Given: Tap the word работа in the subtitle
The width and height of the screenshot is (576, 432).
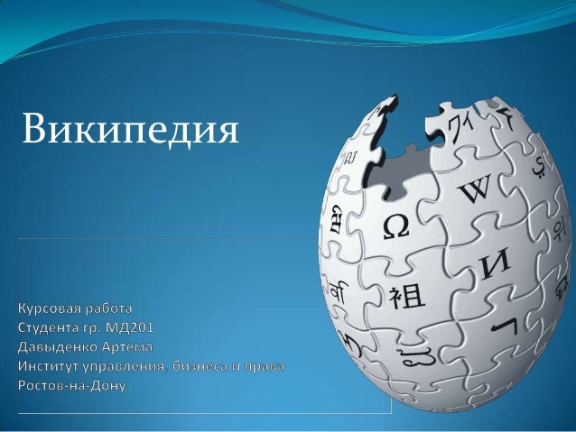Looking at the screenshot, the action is (x=108, y=309).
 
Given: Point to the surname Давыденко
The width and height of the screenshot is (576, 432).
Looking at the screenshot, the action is (x=57, y=347).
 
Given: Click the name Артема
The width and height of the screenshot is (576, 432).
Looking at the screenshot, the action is (x=126, y=347).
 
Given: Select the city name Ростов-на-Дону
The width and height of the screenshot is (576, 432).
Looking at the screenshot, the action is (x=72, y=385).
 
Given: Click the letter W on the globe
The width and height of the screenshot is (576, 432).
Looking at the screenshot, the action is (x=475, y=189).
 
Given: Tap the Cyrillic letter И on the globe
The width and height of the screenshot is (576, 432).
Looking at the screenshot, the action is (x=496, y=262).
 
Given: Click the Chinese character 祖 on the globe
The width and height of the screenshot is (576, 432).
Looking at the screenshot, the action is (x=406, y=297).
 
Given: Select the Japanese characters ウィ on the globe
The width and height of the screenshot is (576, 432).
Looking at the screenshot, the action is (x=460, y=127).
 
